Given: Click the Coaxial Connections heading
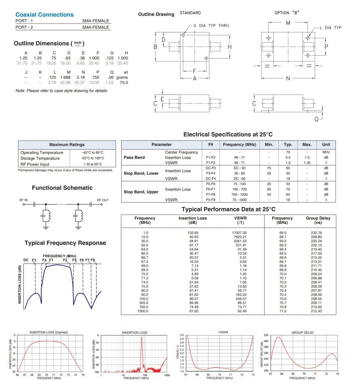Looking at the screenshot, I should pos(45,15).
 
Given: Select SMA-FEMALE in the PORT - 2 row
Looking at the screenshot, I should pos(96,27).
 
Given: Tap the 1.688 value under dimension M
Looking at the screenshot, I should pos(68,77).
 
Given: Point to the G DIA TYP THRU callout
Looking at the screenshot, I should pos(211,25).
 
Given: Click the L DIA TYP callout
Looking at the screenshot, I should pos(330,28).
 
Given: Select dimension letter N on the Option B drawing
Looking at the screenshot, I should pos(288,78).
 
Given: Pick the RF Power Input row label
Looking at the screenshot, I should pos(35,164).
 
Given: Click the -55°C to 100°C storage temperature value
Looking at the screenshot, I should pos(93,158).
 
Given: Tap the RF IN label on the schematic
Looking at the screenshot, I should pos(24,200).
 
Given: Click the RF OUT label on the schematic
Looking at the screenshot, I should pos(103,200).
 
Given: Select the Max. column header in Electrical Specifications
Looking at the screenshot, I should pos(307,144).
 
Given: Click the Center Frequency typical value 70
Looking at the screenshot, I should pos(288,152).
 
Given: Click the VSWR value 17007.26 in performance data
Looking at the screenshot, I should pos(239,233).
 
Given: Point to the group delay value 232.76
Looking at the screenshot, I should pos(316,233).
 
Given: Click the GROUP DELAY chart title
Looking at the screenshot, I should pos(302,333).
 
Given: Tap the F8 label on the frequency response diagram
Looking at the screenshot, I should pos(93,260).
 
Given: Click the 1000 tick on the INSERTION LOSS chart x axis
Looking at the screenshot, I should pos(167,375).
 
